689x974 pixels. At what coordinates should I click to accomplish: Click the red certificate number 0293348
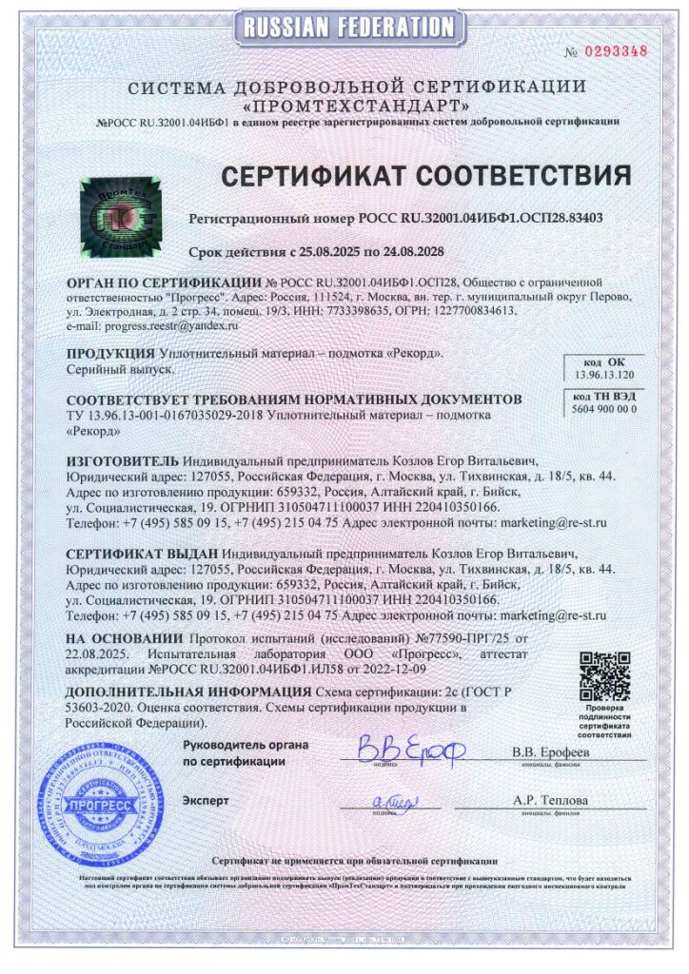[x=619, y=50]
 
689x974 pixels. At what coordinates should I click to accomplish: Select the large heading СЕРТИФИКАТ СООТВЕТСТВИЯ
[x=426, y=176]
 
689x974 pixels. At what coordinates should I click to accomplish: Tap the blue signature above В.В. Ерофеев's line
[x=397, y=749]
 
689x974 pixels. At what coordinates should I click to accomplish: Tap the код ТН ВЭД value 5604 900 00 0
[x=603, y=408]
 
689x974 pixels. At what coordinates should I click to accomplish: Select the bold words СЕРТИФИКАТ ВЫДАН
[x=141, y=552]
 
